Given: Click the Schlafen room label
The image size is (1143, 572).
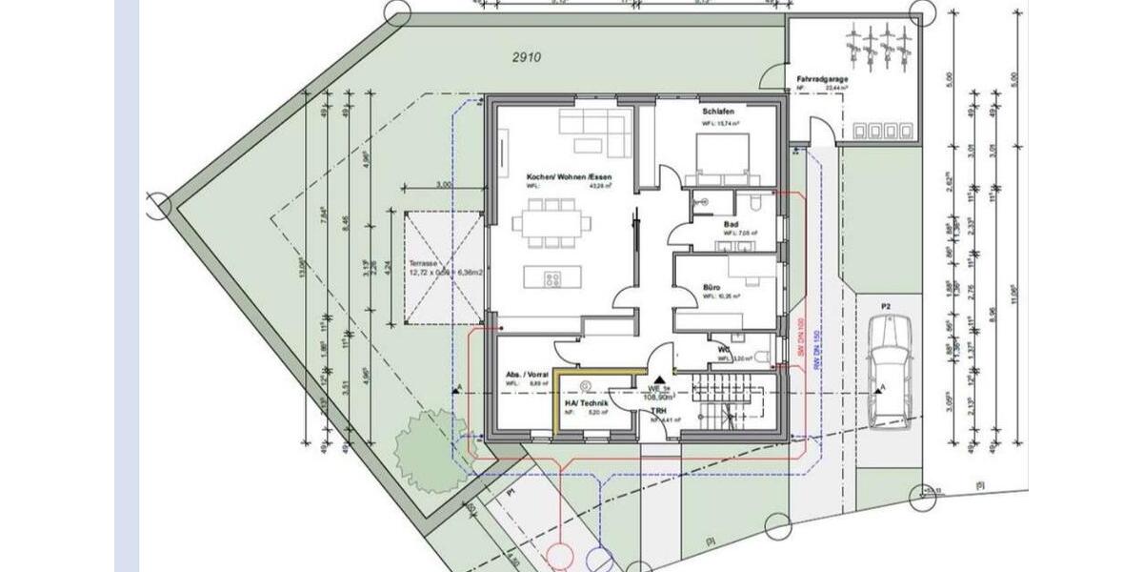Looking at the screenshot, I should coord(719,112).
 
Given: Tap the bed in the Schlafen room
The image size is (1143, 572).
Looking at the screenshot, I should coord(722,157).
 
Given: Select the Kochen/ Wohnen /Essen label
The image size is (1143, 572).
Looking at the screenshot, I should coord(569,176).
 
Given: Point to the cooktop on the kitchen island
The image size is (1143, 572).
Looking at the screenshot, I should coord(553,278).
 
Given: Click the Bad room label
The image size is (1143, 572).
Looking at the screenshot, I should coord(731,223).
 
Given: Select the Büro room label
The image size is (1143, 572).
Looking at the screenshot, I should coord(712,287).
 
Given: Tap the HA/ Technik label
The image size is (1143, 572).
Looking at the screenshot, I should coord(586,403).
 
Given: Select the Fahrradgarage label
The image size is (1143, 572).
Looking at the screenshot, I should coord(819,79).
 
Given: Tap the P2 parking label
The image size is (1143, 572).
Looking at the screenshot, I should coord(885,306).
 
